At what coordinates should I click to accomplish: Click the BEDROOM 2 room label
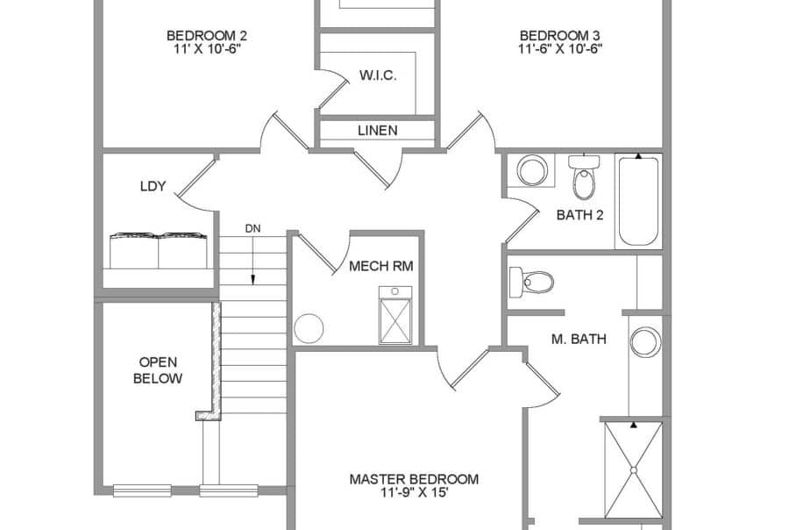pos(207,42)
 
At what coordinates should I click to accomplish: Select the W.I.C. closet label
pos(377,75)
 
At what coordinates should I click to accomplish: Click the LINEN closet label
pos(377,131)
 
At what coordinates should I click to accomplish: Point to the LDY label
pos(153,186)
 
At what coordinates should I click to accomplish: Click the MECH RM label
pos(380,266)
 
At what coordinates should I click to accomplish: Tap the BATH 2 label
pos(579,215)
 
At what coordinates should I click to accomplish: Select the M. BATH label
pos(579,339)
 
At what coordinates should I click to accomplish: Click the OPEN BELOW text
pos(158,370)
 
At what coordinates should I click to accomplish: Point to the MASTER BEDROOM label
pos(414,485)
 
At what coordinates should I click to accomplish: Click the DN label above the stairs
pos(252,229)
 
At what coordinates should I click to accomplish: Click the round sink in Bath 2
pos(531,169)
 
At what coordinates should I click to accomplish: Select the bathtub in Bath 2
pos(638,201)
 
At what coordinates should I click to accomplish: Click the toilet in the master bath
pos(532,282)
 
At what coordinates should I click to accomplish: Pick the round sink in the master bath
pos(646,340)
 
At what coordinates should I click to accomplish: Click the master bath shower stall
pos(633,469)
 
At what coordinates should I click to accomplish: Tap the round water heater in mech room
pos(309,328)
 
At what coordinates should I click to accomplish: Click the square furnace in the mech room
pos(394,315)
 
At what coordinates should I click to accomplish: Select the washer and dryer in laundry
pos(158,251)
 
